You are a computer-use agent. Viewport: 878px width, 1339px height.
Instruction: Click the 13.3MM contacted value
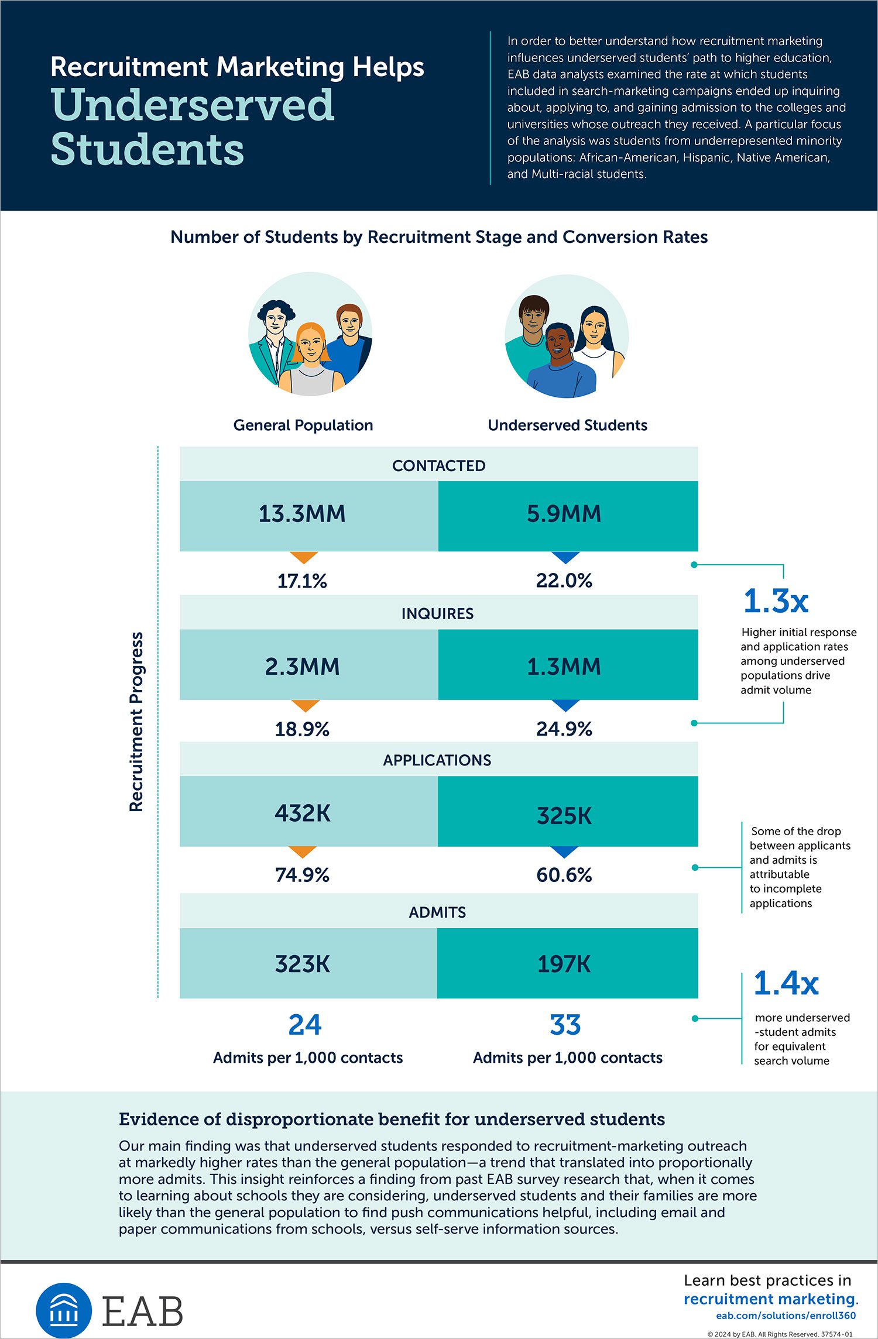click(x=302, y=514)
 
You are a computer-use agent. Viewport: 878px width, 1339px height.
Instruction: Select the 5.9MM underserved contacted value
click(x=564, y=514)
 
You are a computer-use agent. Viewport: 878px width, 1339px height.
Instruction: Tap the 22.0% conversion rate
click(x=564, y=581)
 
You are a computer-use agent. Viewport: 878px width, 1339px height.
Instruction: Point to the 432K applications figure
click(x=303, y=813)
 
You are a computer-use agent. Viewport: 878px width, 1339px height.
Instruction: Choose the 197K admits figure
click(x=564, y=964)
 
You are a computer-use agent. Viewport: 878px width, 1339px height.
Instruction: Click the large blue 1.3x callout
click(x=776, y=601)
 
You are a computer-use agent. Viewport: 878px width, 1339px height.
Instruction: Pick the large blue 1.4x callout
click(x=786, y=983)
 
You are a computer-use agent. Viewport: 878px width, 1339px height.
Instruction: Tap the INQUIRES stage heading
click(x=438, y=613)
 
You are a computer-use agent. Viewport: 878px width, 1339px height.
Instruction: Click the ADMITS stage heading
click(x=438, y=912)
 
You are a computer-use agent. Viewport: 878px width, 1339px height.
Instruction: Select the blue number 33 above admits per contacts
click(x=565, y=1025)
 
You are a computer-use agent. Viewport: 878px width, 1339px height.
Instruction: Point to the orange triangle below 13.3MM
click(x=304, y=557)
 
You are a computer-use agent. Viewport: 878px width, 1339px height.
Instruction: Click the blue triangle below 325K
click(x=565, y=852)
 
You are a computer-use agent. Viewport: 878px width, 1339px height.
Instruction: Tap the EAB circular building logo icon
click(x=64, y=1310)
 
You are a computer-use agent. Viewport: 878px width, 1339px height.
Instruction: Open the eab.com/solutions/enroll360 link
click(x=786, y=1316)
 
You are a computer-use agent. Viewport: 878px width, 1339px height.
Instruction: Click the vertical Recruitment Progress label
click(x=136, y=722)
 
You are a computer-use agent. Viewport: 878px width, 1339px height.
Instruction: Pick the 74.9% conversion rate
click(x=303, y=875)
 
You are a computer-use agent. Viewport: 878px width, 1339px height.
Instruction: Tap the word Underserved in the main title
click(x=193, y=105)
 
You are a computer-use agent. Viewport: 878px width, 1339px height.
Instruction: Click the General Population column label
click(x=303, y=425)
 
